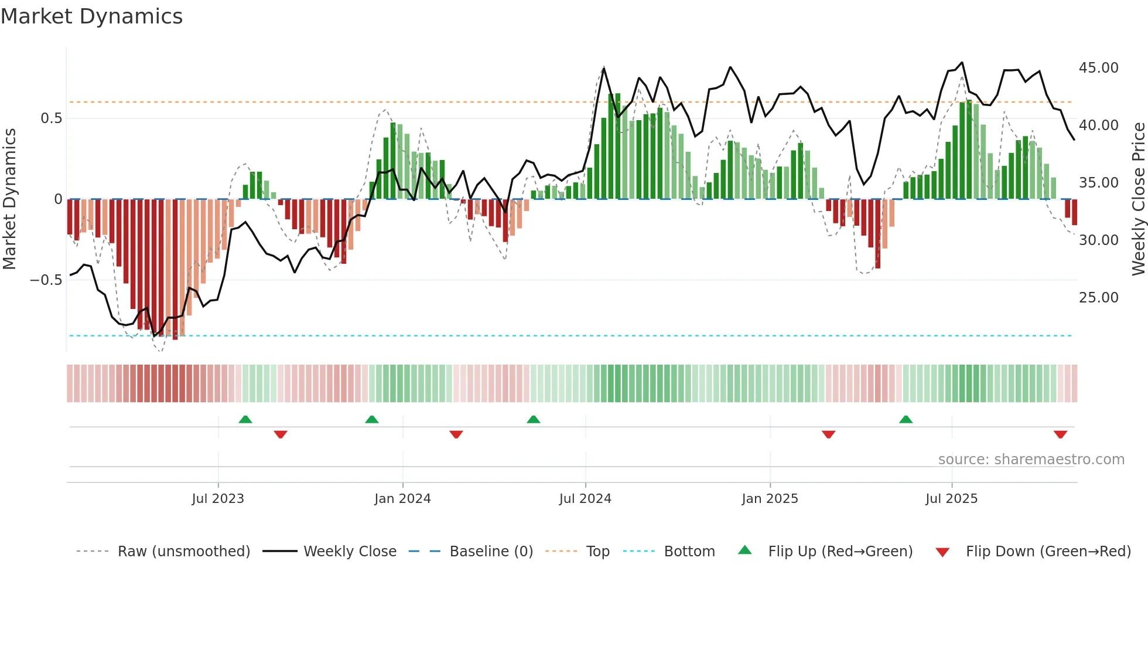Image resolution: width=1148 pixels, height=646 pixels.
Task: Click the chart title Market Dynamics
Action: tap(91, 16)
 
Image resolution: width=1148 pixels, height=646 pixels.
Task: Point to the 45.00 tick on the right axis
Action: tap(1098, 68)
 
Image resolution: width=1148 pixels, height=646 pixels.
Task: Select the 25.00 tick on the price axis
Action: tap(1098, 298)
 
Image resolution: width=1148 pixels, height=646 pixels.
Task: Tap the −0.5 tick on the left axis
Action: tap(46, 280)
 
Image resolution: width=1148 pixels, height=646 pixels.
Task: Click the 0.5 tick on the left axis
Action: tap(51, 118)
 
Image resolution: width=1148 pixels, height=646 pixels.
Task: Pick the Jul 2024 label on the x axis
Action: tap(585, 499)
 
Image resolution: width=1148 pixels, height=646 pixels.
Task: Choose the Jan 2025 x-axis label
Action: tap(769, 499)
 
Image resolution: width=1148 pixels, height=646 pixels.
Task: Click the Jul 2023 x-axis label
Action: tap(217, 499)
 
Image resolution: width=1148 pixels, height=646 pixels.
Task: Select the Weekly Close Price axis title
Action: tap(1138, 199)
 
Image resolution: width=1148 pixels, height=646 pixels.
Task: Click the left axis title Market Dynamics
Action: tap(9, 199)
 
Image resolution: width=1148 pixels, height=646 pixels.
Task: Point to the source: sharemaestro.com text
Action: tap(1031, 460)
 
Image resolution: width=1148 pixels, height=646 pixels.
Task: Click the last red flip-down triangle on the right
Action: tap(1060, 434)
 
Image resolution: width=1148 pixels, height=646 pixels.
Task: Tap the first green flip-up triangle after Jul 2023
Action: tap(245, 419)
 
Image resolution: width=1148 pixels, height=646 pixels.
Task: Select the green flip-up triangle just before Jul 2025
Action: tap(906, 419)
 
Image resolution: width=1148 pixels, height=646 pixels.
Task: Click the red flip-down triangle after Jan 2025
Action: tap(828, 434)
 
